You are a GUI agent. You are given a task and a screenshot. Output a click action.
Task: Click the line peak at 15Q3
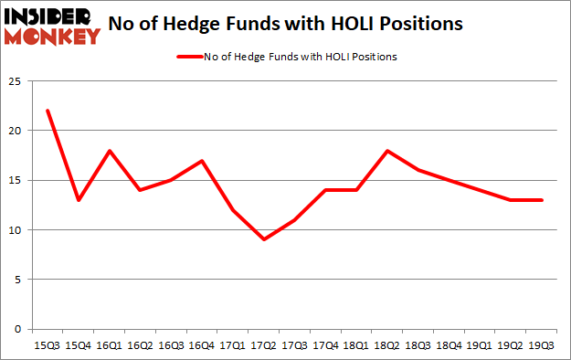coord(47,111)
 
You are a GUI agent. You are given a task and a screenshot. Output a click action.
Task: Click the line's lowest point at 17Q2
coord(264,239)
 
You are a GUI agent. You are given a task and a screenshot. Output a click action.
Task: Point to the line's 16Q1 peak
coord(110,151)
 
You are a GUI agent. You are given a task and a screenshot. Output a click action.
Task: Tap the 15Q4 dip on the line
coord(79,200)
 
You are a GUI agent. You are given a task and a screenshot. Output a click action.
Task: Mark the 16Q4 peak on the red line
coord(201,161)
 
